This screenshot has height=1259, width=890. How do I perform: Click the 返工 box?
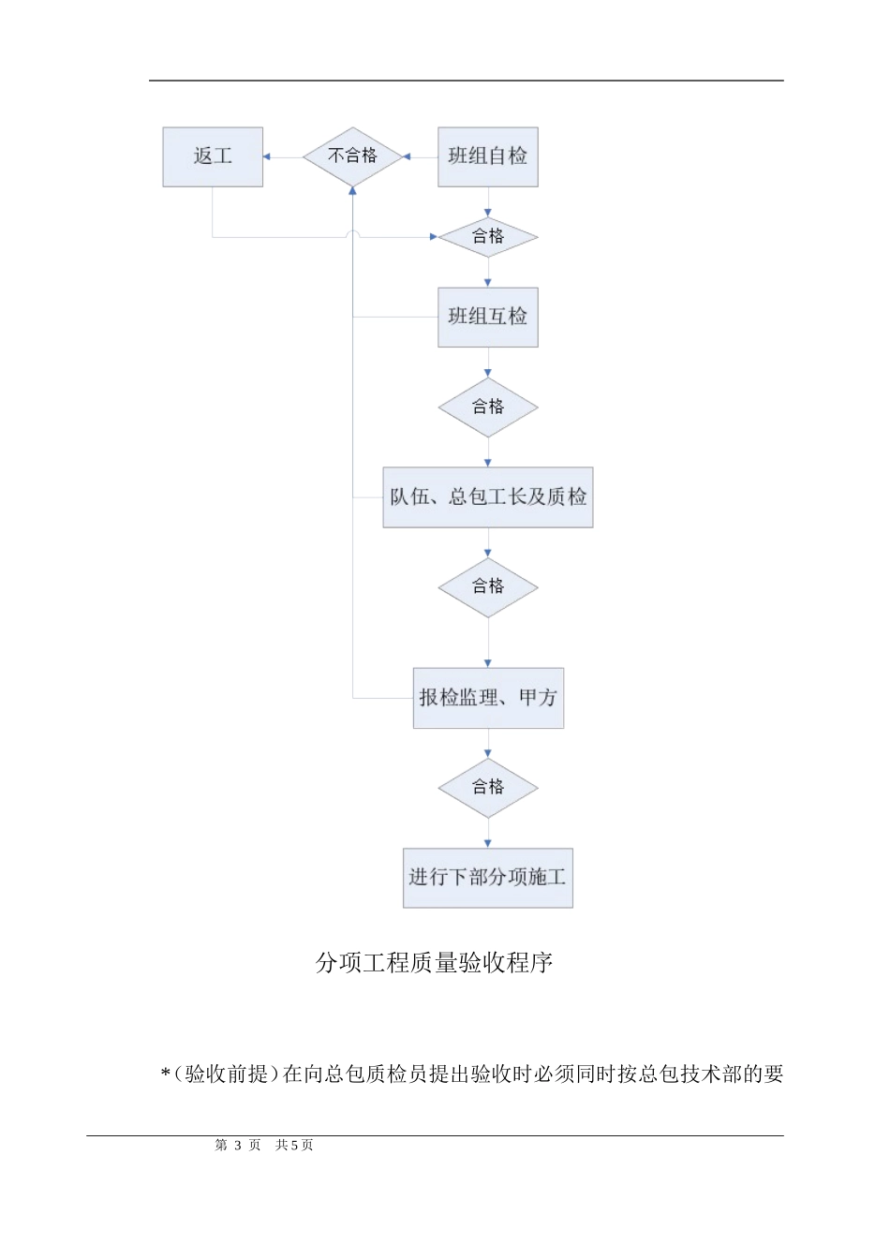[x=213, y=156]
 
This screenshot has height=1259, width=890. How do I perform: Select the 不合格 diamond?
[x=352, y=156]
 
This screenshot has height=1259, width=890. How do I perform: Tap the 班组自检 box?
[x=487, y=156]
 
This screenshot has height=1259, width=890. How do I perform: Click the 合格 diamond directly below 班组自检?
[x=487, y=237]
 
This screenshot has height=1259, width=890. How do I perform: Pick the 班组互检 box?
[x=487, y=317]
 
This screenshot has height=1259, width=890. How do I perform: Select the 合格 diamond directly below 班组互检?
[x=487, y=407]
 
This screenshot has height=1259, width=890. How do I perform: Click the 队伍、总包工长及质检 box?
[x=487, y=496]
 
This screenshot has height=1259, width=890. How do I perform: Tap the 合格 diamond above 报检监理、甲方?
[x=487, y=587]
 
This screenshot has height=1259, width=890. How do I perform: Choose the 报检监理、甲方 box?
[x=488, y=698]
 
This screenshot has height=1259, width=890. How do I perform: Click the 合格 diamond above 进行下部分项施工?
[x=487, y=788]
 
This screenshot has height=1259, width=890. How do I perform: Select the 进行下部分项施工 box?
[x=487, y=878]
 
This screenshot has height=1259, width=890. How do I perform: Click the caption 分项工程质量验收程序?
[x=434, y=963]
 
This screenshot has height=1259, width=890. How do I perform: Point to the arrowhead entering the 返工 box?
[x=268, y=156]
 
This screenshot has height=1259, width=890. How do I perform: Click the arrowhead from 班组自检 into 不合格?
[x=407, y=156]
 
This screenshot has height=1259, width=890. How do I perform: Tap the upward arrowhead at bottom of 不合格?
[x=352, y=191]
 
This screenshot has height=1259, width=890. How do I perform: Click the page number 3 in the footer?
[x=238, y=1145]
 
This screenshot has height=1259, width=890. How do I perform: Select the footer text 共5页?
[x=294, y=1145]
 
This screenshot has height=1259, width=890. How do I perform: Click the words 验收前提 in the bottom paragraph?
[x=226, y=1074]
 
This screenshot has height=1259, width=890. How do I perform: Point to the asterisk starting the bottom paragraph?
[x=165, y=1074]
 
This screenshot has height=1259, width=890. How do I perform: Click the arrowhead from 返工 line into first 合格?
[x=434, y=237]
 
